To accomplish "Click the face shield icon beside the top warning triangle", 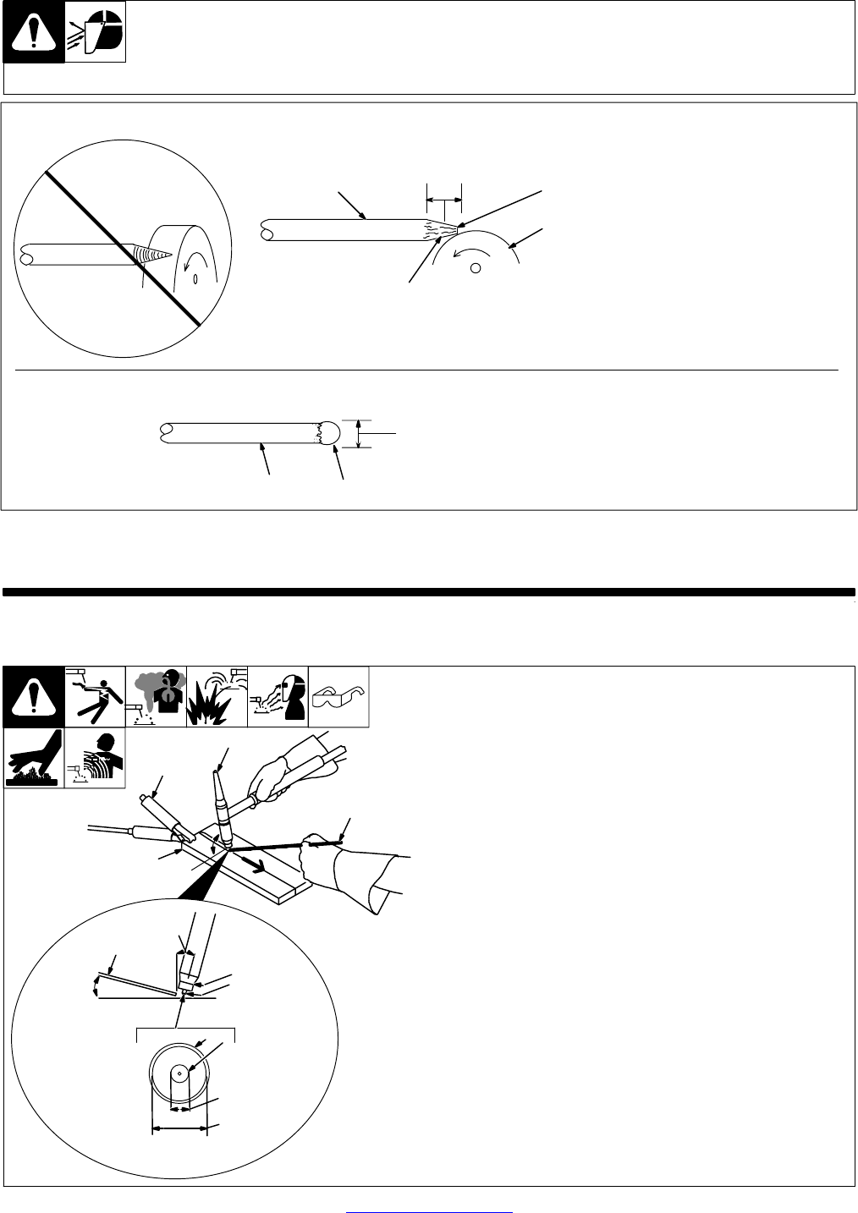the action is pos(96,31).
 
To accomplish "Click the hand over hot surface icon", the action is pos(35,757).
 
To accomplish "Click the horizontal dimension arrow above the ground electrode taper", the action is pos(444,200).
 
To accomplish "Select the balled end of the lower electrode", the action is pos(331,432).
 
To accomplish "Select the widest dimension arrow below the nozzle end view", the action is pos(179,1128).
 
